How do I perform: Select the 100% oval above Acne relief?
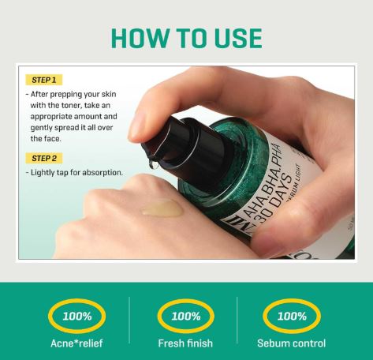78,316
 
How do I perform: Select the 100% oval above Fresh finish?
186,316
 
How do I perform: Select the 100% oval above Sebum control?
292,316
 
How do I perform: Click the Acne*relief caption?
78,343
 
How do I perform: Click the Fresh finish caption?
186,343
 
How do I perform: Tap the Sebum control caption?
292,343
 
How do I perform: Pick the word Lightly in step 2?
46,172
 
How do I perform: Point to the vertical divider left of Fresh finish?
130,324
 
